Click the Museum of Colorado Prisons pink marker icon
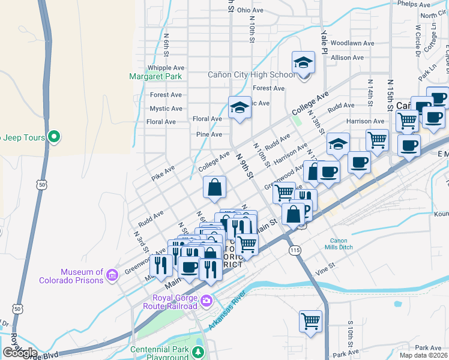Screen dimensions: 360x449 tap(112, 275)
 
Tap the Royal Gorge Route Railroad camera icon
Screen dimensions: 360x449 tap(206, 299)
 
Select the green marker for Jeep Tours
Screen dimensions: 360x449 tap(54, 137)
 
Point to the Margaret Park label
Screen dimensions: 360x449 tap(155, 76)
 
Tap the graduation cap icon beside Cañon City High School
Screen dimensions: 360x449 tap(304, 63)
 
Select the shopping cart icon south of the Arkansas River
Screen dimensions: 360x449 tap(311, 320)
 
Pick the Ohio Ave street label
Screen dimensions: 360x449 tap(250, 10)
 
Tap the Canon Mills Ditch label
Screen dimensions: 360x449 tap(351, 244)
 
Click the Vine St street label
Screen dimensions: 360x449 tap(324, 271)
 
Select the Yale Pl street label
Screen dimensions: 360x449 tap(324, 41)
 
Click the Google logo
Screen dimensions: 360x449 tap(20, 352)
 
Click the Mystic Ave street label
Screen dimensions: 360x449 tap(166, 109)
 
